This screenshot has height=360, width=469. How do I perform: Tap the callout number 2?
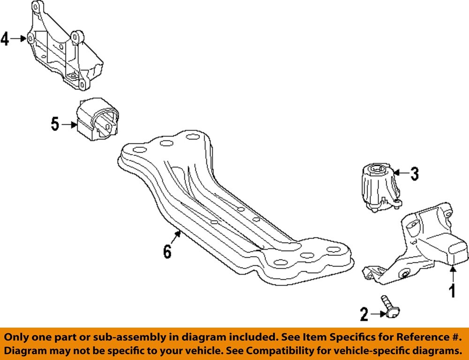364,314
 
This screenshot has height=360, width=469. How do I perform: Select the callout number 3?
414,174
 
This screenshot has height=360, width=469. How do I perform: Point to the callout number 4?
5,38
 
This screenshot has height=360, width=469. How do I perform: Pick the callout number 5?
55,124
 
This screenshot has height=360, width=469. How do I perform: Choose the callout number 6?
167,252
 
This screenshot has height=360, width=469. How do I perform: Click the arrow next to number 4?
18,38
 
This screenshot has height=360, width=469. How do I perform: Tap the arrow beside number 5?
68,124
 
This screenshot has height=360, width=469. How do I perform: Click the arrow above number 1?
453,273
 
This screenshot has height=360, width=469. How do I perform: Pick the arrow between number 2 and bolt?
377,314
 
